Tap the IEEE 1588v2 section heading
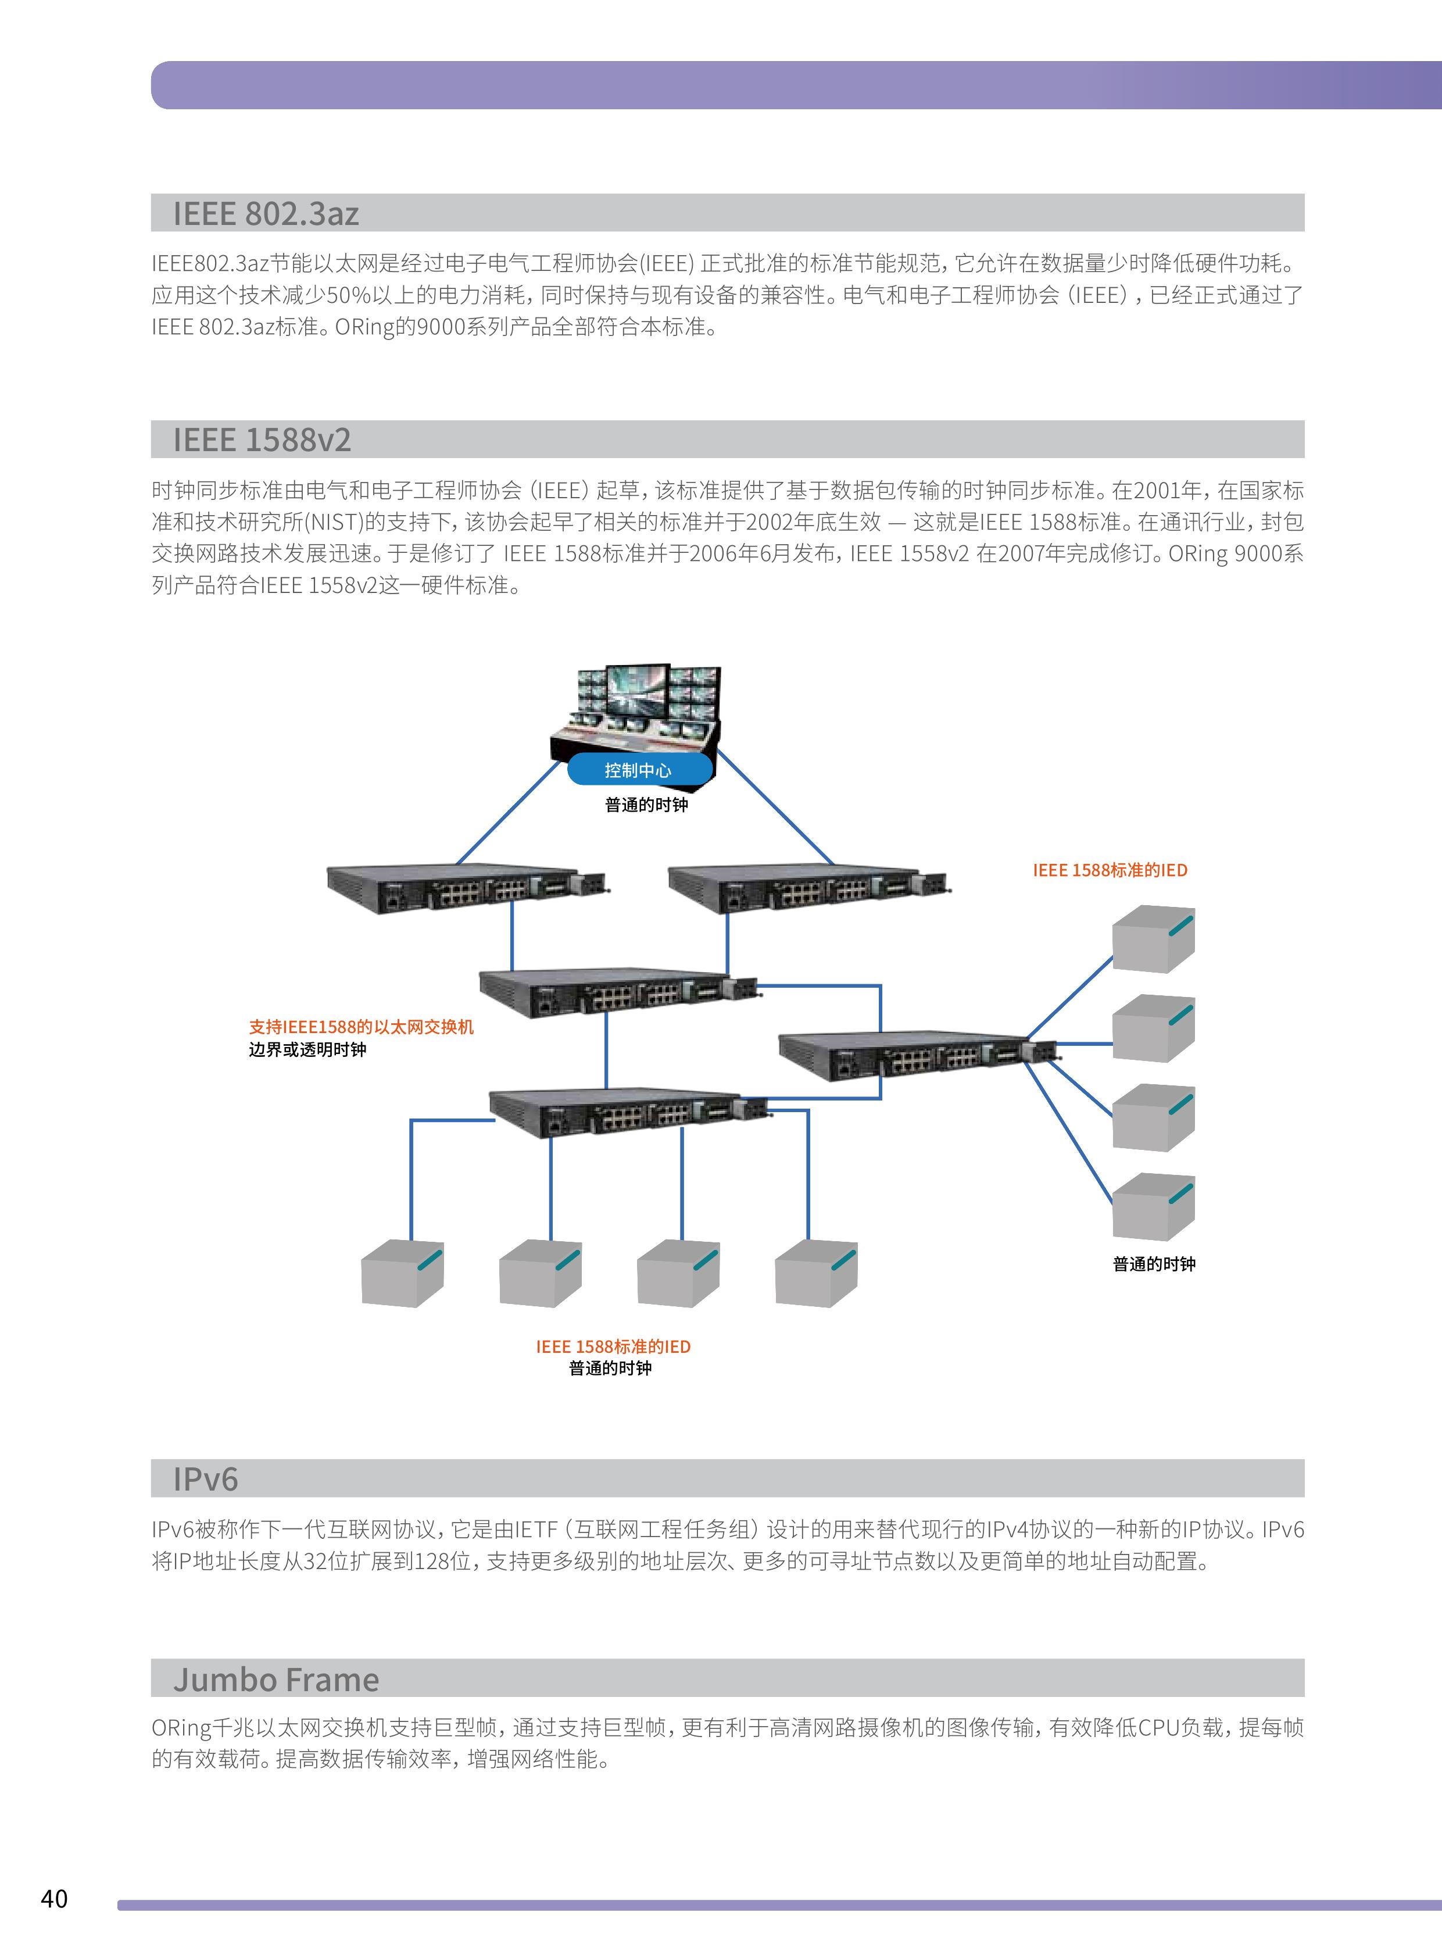click(262, 440)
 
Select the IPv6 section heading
click(205, 1479)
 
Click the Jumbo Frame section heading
click(276, 1680)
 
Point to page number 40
click(54, 1899)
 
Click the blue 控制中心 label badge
click(638, 770)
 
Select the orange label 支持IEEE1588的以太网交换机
click(362, 1027)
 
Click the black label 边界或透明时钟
click(307, 1049)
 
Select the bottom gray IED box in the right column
click(1152, 1208)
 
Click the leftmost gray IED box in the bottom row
click(402, 1274)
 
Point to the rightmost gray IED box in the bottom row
click(815, 1274)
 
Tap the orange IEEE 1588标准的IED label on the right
click(1110, 870)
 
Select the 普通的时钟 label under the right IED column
click(1153, 1264)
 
